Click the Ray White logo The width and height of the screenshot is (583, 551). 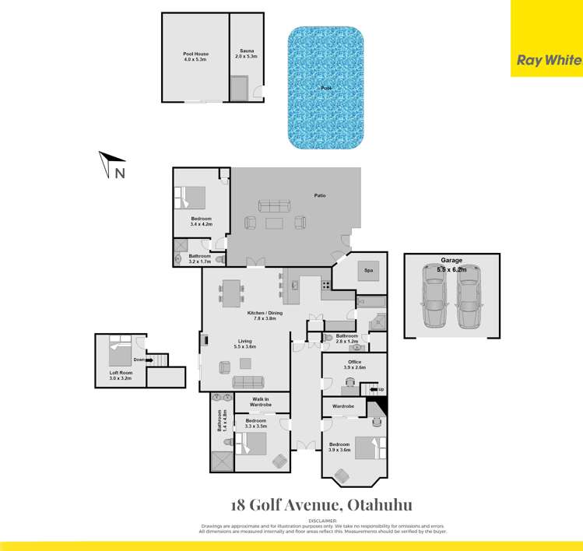pyautogui.click(x=546, y=59)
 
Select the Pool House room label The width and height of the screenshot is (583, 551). pyautogui.click(x=195, y=56)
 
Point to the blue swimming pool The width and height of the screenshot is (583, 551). pyautogui.click(x=325, y=88)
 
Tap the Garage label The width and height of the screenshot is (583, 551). pyautogui.click(x=451, y=261)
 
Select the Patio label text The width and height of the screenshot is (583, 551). pyautogui.click(x=319, y=195)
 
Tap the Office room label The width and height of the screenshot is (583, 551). pyautogui.click(x=355, y=362)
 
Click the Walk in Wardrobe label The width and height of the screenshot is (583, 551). pyautogui.click(x=261, y=402)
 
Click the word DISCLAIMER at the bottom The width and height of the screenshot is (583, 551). pyautogui.click(x=322, y=519)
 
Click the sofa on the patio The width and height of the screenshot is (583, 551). pyautogui.click(x=275, y=205)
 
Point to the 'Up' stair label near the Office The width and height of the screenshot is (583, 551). pyautogui.click(x=380, y=388)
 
